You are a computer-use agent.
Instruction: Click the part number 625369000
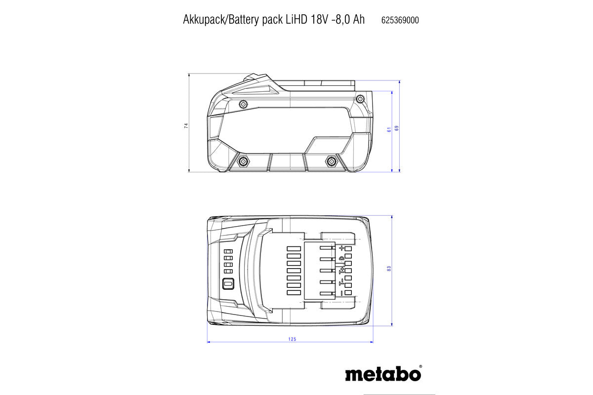click(x=400, y=20)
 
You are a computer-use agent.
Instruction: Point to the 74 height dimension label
click(x=186, y=125)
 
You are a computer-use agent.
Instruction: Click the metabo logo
click(x=383, y=373)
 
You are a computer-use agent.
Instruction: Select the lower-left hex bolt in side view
click(x=243, y=161)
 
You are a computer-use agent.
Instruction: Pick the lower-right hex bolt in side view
click(x=331, y=160)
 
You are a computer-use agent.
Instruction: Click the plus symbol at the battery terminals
click(x=341, y=248)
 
